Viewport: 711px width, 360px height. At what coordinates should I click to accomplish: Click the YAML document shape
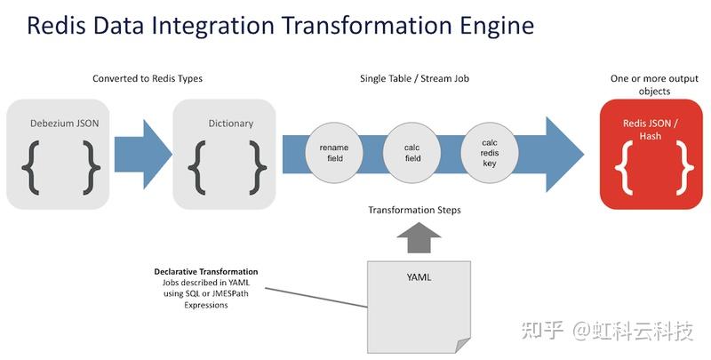(418, 302)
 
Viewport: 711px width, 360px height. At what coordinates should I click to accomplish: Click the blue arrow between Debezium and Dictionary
(142, 148)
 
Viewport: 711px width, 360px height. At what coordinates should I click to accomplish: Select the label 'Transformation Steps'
(414, 211)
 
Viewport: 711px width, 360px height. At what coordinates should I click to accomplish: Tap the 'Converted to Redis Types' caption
(148, 79)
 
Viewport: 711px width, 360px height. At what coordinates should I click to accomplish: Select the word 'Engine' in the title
(488, 25)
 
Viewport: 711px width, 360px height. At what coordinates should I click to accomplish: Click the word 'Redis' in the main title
(55, 25)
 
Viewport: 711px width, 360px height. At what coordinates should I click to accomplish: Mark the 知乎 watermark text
(541, 332)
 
